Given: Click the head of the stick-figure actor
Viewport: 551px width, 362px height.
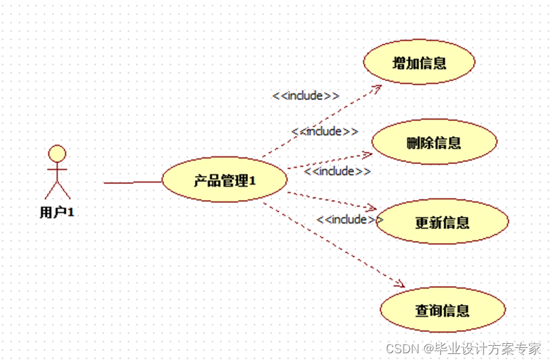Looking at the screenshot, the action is click(58, 153).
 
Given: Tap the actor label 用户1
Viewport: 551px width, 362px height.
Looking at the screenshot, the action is click(56, 212).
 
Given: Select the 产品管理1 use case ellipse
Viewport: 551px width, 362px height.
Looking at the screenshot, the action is click(224, 180).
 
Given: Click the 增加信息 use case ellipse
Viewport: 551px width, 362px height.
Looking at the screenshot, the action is click(419, 63).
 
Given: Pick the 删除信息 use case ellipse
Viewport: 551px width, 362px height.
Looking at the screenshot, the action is click(434, 142).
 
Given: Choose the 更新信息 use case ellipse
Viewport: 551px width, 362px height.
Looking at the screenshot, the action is click(441, 222).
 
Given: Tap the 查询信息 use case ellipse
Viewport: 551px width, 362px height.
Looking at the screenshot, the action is click(442, 310).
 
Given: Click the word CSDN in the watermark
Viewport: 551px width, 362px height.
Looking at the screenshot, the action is click(402, 349).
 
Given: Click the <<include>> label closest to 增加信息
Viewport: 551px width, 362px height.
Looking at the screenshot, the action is click(306, 95).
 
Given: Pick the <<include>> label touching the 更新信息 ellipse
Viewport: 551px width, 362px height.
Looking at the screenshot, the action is click(349, 219).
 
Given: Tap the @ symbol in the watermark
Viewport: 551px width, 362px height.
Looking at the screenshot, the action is click(428, 349).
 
